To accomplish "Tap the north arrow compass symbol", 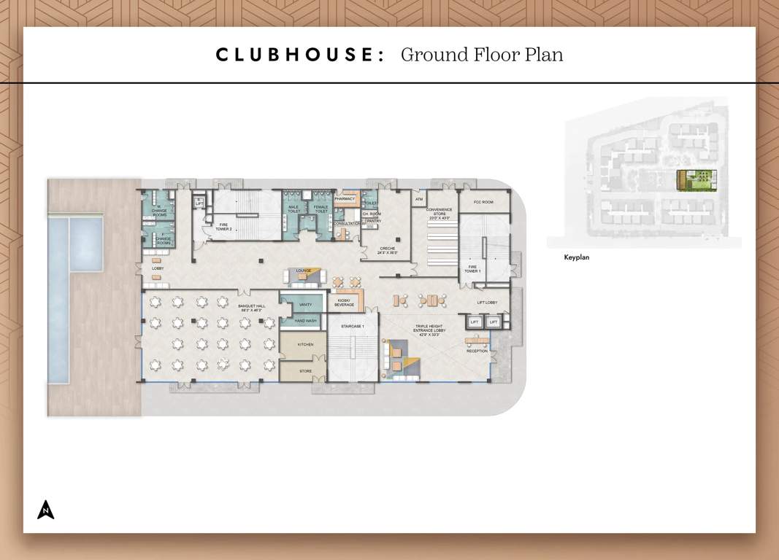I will [46, 510].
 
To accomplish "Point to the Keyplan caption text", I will [576, 257].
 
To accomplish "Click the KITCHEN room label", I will [305, 344].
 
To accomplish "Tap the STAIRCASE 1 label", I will [353, 326].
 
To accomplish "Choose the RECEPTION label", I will [477, 351].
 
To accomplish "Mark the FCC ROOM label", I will [483, 201].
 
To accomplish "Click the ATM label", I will [419, 198].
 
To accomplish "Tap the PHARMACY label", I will [345, 198].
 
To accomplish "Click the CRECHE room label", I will [387, 250].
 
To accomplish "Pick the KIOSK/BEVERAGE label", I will [344, 303].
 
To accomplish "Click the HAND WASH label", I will [305, 321].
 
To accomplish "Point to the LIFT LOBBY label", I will [487, 302].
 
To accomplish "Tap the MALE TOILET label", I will [293, 209].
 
